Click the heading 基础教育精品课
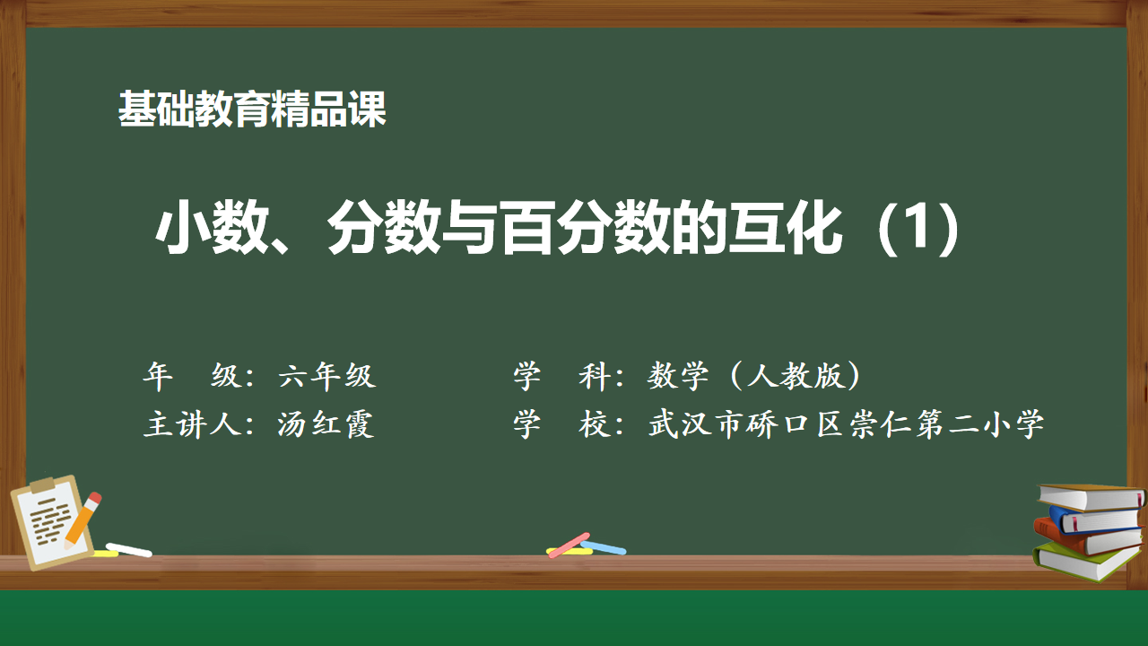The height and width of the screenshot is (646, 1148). pyautogui.click(x=252, y=109)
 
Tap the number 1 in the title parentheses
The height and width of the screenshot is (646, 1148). pyautogui.click(x=918, y=227)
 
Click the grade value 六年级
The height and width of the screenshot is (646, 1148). pyautogui.click(x=327, y=376)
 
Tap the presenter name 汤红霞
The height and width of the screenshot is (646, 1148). pyautogui.click(x=326, y=424)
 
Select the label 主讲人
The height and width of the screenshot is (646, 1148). pyautogui.click(x=192, y=424)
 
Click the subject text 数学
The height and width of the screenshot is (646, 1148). pyautogui.click(x=677, y=376)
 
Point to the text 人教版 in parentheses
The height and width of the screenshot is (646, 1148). pyautogui.click(x=796, y=376)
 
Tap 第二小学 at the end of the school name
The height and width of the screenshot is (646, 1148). pyautogui.click(x=980, y=424)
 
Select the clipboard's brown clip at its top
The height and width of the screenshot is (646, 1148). pyautogui.click(x=42, y=484)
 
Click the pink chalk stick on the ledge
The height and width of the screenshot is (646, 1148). pyautogui.click(x=569, y=546)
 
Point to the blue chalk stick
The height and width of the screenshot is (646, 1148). pyautogui.click(x=604, y=547)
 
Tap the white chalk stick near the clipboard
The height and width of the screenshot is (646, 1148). pyautogui.click(x=128, y=550)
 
